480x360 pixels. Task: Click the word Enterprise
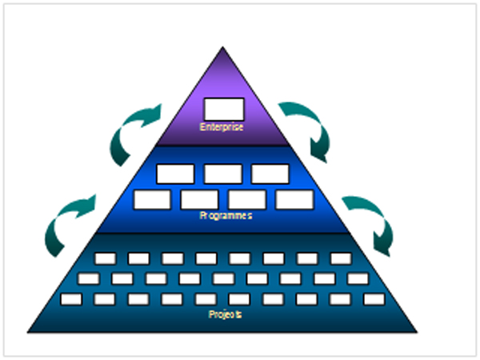click(x=222, y=126)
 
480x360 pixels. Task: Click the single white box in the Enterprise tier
click(x=223, y=108)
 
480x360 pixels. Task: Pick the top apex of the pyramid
click(x=223, y=50)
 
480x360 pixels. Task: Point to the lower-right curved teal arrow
click(x=370, y=222)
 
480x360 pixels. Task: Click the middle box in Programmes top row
click(x=223, y=173)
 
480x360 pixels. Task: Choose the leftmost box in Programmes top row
click(x=175, y=173)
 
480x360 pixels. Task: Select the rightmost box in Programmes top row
click(x=270, y=173)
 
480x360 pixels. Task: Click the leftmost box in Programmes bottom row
click(x=152, y=199)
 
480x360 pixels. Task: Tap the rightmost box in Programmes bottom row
click(x=294, y=199)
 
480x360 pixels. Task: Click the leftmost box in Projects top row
click(x=105, y=258)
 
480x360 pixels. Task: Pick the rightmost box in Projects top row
click(x=341, y=258)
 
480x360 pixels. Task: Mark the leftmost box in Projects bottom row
click(x=72, y=298)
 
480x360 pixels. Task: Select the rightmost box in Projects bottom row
click(x=374, y=298)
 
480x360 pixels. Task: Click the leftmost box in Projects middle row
click(x=89, y=278)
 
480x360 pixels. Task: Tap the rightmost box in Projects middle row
click(x=358, y=278)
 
